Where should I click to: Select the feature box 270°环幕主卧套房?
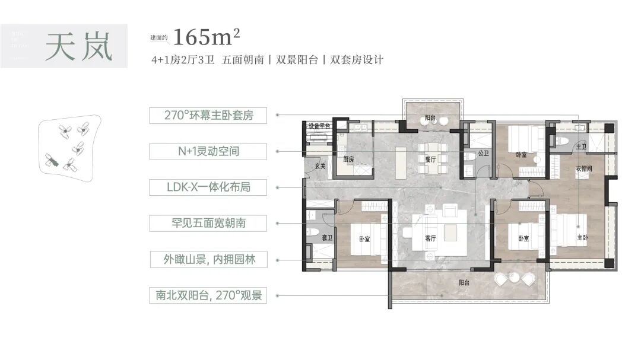click(208, 115)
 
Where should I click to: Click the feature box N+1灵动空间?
click(208, 151)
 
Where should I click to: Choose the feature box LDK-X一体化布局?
click(208, 187)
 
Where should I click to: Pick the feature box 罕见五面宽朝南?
click(208, 224)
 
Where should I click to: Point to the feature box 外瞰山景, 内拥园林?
click(208, 259)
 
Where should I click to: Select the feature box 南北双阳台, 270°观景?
click(208, 295)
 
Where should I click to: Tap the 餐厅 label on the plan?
click(431, 159)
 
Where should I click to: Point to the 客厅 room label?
click(431, 238)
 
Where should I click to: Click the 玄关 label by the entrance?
click(320, 166)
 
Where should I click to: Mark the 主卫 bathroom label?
click(581, 146)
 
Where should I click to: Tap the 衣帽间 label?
click(583, 168)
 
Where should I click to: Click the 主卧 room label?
click(583, 238)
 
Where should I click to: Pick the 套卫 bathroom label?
click(326, 238)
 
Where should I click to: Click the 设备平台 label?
click(319, 126)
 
